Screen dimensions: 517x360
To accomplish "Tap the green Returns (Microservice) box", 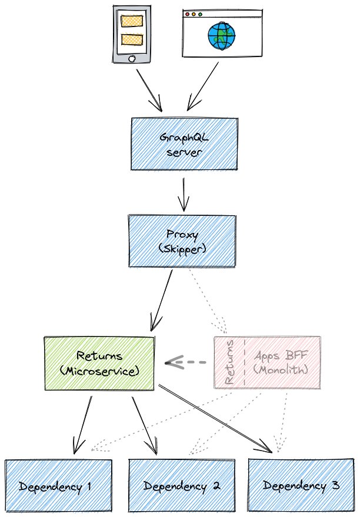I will (99, 363).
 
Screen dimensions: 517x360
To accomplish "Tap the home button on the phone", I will (132, 58).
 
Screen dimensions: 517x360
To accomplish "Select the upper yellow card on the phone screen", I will (131, 21).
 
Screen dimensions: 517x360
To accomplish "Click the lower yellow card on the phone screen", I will (131, 40).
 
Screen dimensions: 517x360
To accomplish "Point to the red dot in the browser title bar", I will (188, 14).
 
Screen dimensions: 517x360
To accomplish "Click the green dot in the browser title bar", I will (201, 14).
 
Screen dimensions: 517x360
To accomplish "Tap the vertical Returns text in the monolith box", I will (230, 362).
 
